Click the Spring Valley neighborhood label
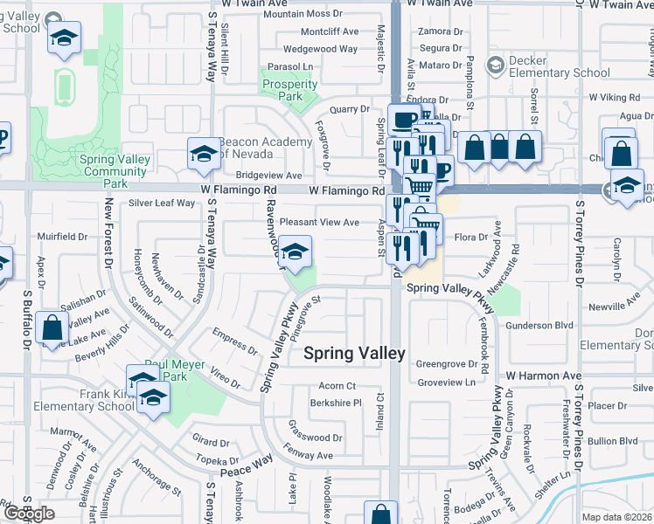(x=354, y=353)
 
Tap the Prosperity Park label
(x=289, y=91)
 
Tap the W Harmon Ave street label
(x=543, y=376)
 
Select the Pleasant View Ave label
(x=319, y=223)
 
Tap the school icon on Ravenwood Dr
(x=296, y=251)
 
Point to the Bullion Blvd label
(x=612, y=441)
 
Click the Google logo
(x=29, y=514)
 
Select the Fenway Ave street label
(x=310, y=455)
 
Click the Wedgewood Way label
(x=321, y=49)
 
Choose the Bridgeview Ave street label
(x=262, y=176)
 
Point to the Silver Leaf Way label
(x=162, y=203)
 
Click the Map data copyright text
(x=616, y=517)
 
